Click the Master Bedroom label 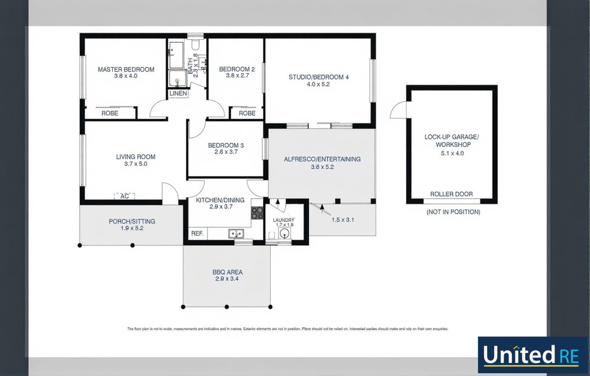coord(126,70)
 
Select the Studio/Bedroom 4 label coord(319,77)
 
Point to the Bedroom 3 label coord(225,146)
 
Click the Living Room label coord(135,157)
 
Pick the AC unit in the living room coord(124,196)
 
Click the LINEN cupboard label coord(178,93)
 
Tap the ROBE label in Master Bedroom coord(109,113)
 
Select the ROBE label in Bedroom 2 coord(247,113)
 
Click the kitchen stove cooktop coord(257,213)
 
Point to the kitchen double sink coord(235,233)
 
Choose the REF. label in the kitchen coord(196,234)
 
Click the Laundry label coord(283,220)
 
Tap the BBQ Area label coord(227,272)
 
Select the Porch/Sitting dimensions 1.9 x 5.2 coord(131,228)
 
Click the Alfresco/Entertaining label coord(322,159)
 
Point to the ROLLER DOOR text coord(451,194)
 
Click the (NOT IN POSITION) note coord(453,212)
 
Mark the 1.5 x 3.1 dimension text coord(342,220)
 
